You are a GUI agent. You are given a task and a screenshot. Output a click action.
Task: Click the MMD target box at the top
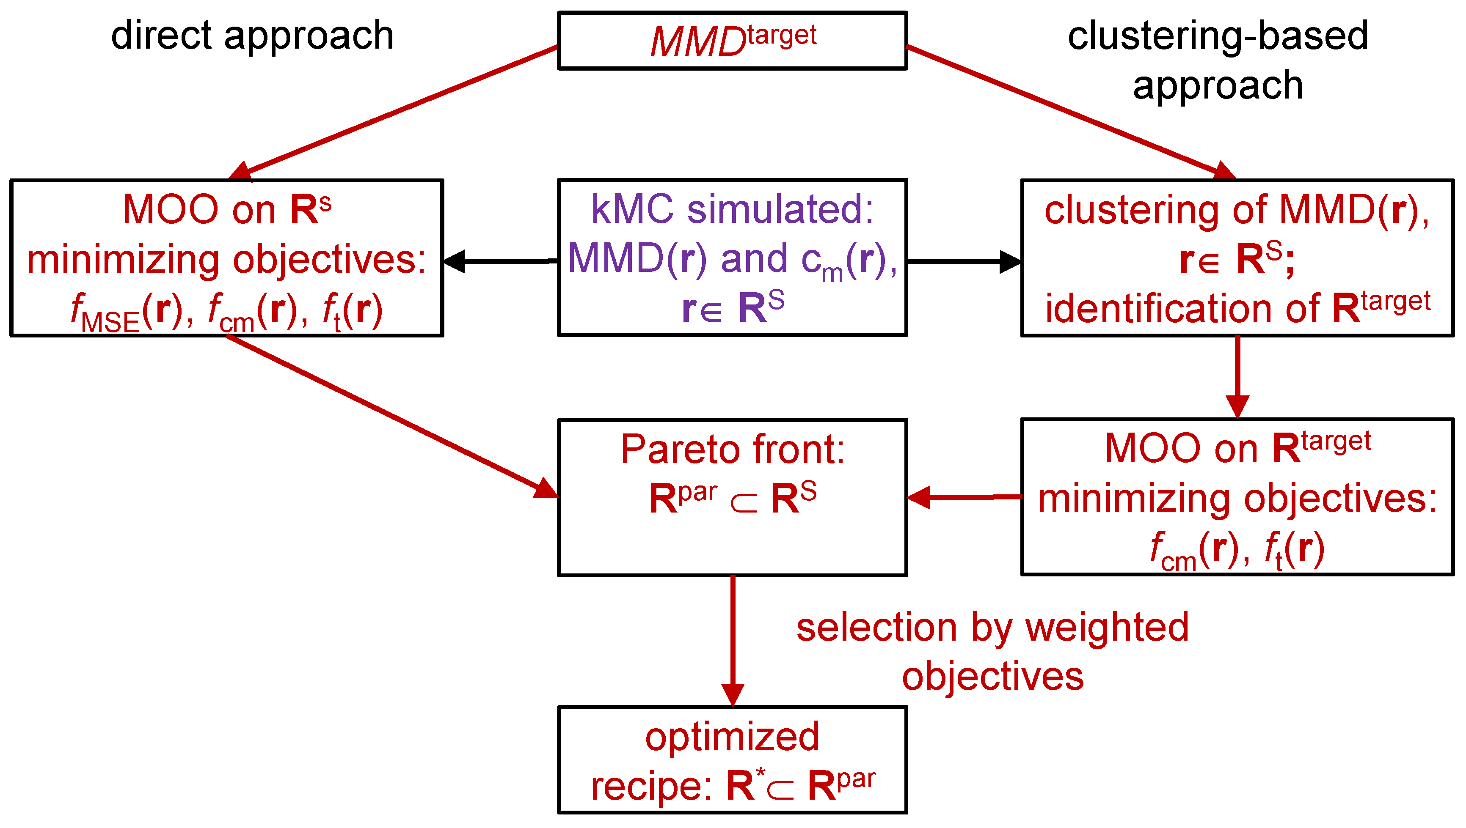point(733,41)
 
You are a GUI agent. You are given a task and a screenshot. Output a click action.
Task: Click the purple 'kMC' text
point(632,209)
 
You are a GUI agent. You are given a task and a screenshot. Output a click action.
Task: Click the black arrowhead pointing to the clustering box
point(1010,262)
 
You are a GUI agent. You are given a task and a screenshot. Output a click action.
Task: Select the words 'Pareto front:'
point(733,449)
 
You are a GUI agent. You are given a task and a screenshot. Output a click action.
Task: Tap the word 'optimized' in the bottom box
point(733,737)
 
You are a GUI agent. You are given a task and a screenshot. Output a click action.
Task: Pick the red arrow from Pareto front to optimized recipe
point(733,637)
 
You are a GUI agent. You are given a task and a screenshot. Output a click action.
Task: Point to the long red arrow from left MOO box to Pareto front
point(387,415)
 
